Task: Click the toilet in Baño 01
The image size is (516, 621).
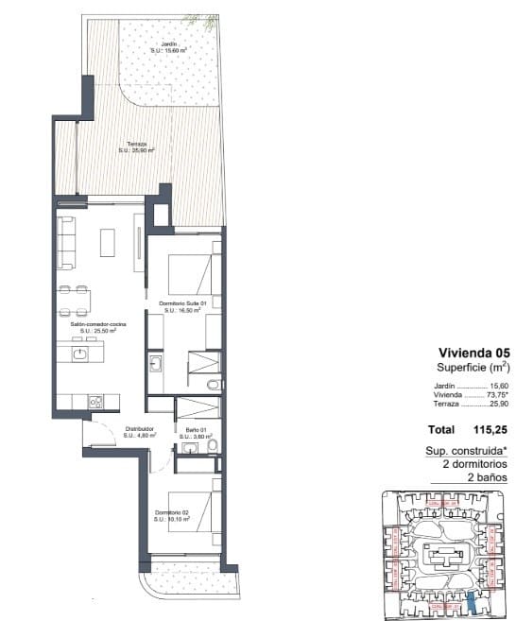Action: (x=212, y=445)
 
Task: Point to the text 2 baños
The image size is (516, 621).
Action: (x=488, y=478)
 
